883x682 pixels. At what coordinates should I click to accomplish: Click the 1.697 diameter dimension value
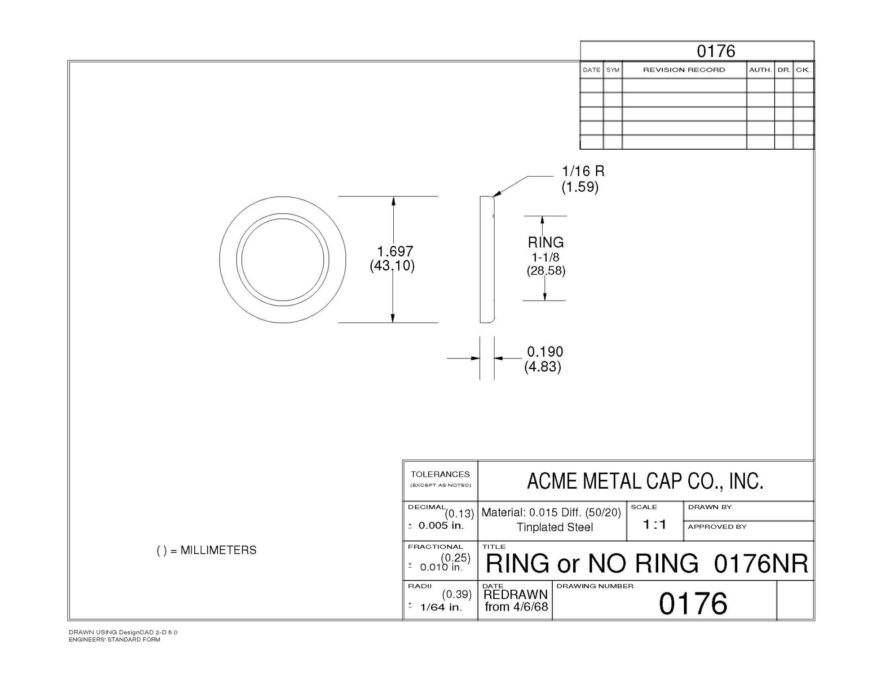(395, 251)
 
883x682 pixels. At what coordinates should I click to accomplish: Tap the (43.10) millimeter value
(392, 266)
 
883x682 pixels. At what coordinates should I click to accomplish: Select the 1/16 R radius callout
(583, 171)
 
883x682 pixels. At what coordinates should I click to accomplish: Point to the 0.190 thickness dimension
(545, 352)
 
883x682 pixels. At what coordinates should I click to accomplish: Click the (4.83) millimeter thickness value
(543, 366)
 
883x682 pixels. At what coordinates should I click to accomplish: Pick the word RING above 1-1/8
(546, 242)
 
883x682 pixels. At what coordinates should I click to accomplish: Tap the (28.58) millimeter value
(546, 271)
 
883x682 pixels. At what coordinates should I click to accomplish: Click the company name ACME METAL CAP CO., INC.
(645, 481)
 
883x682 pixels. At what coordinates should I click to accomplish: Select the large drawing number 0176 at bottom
(693, 603)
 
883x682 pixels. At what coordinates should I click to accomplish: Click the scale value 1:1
(654, 524)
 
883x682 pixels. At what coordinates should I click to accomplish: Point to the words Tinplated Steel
(555, 527)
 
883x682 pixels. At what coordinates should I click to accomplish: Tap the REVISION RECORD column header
(684, 70)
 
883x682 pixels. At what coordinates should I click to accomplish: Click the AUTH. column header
(760, 70)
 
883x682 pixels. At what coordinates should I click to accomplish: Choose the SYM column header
(612, 70)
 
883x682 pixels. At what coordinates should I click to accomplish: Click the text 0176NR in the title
(761, 564)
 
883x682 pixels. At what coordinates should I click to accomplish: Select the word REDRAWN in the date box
(515, 595)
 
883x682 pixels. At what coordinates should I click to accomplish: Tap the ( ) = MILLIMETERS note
(207, 550)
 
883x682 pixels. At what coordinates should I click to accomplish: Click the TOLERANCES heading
(440, 474)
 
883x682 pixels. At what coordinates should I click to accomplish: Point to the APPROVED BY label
(717, 527)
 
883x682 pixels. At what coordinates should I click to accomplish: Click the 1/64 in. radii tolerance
(441, 607)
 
